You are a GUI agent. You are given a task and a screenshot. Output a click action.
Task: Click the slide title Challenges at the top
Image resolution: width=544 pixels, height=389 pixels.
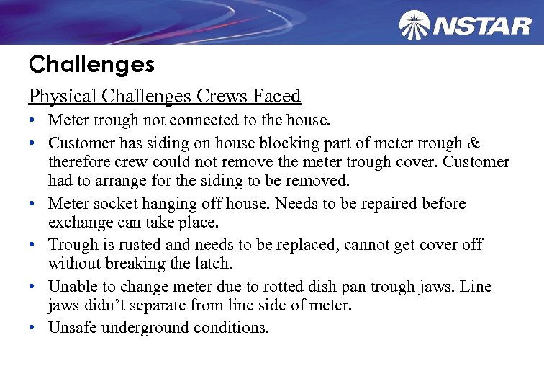tap(91, 65)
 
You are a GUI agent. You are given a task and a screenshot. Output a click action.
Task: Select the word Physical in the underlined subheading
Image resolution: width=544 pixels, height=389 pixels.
tap(63, 96)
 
